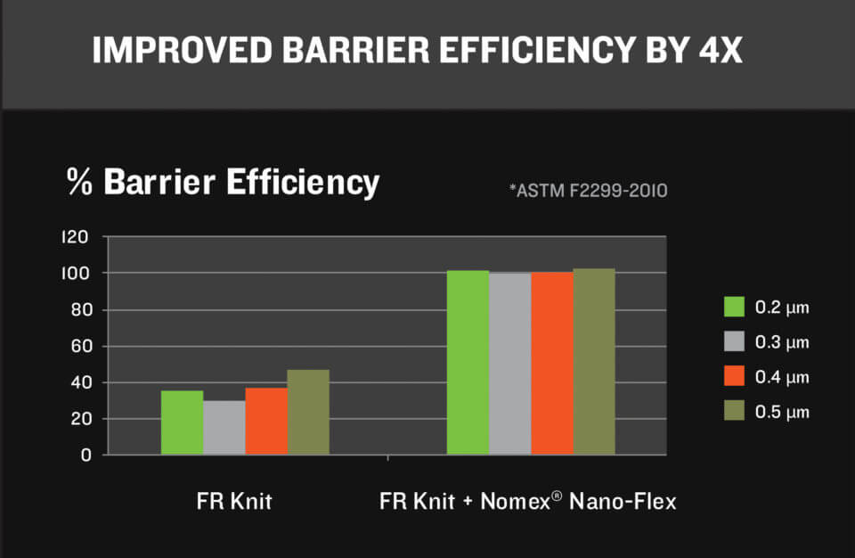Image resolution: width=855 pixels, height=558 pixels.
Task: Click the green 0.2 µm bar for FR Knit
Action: point(182,423)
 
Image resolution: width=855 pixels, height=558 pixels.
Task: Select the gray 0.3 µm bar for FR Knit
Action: point(224,428)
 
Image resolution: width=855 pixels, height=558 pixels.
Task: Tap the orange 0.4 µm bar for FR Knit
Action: point(266,421)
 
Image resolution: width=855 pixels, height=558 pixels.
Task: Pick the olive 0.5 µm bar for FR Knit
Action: point(308,412)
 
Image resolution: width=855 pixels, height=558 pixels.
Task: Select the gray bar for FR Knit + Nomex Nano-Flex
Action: point(509,364)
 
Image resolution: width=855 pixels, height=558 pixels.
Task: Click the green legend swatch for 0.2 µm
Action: point(733,308)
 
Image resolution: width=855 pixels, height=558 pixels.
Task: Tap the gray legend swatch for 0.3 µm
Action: point(733,342)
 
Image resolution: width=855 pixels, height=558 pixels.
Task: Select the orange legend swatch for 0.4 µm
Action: point(733,377)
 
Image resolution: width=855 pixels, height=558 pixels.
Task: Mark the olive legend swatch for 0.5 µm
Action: point(733,412)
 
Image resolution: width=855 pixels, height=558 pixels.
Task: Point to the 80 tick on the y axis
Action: point(82,310)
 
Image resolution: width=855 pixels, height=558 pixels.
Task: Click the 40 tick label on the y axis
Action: point(82,382)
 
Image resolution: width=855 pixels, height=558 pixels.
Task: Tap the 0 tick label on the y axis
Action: point(86,455)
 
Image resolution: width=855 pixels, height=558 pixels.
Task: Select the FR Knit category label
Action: point(234,502)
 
